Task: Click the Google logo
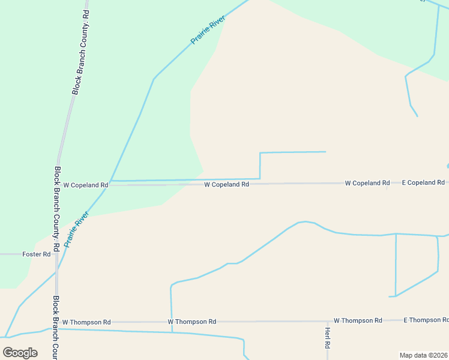(x=20, y=353)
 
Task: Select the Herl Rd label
(x=328, y=338)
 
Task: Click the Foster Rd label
(x=37, y=254)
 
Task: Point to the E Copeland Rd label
(x=423, y=182)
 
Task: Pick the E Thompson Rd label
(x=425, y=320)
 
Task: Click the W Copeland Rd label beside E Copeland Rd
(x=367, y=183)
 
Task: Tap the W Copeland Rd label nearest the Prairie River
(x=85, y=185)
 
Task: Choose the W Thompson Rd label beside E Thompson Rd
(x=358, y=320)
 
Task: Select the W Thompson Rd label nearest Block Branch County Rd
(x=86, y=322)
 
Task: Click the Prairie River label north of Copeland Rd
(x=208, y=31)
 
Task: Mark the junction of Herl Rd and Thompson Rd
(x=327, y=321)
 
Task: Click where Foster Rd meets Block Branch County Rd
(x=56, y=254)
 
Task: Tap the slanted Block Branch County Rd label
(x=80, y=52)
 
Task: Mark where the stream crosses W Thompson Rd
(x=172, y=322)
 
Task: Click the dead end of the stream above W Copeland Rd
(x=325, y=152)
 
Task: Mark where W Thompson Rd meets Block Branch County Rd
(x=56, y=322)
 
